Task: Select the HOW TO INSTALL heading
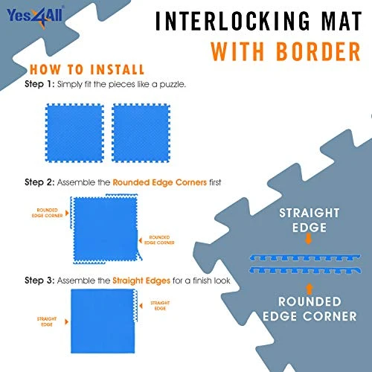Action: pyautogui.click(x=84, y=70)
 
